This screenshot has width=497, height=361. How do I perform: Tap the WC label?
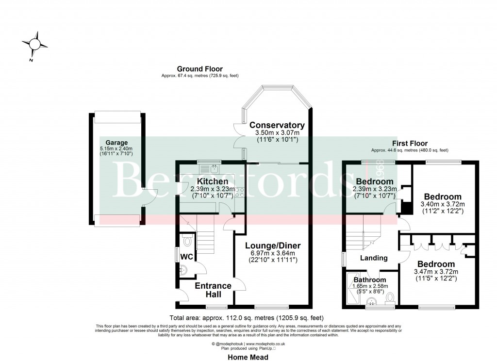pos(187,256)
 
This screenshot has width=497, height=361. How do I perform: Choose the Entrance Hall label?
pos(214,290)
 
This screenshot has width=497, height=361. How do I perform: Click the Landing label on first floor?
pos(374,258)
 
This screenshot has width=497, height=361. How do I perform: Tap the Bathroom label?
pos(369,280)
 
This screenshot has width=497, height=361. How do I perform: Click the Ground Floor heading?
pos(199,69)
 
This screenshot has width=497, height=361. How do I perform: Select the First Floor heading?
pos(410,144)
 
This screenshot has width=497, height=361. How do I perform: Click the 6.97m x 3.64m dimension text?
pos(273,253)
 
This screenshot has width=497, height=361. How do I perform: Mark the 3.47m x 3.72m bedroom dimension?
pos(440,272)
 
